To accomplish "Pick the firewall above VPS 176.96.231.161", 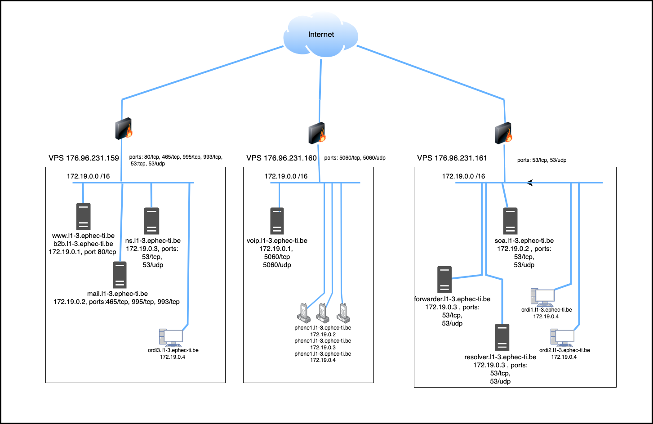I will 504,133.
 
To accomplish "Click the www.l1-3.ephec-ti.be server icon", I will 83,216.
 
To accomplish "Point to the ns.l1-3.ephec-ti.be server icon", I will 151,220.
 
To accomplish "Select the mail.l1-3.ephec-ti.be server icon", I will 119,274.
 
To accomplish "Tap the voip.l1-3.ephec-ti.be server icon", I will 277,221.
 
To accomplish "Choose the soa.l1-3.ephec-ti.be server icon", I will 510,221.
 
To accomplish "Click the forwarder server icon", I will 444,279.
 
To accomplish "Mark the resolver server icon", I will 502,337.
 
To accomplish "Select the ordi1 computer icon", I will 542,297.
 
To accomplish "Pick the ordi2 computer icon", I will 562,338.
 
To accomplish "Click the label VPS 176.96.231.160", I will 281,158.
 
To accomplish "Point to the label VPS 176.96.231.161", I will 452,158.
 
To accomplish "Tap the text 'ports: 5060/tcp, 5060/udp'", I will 355,158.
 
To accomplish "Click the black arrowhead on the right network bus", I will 530,183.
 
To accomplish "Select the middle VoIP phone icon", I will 322,313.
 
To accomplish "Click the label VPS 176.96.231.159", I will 84,158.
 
